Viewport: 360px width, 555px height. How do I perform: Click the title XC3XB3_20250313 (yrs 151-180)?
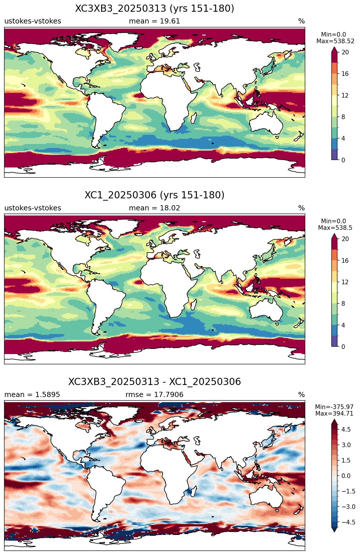tap(155, 9)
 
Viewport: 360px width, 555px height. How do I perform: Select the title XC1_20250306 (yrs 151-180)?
tap(155, 195)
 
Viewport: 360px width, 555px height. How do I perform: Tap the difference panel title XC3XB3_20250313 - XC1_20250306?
tap(155, 382)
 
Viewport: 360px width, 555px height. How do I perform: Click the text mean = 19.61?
tap(154, 21)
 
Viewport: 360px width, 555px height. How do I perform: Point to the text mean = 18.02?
tap(154, 208)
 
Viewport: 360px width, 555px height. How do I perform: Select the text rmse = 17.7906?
tap(154, 395)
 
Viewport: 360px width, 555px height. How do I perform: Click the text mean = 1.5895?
tap(32, 395)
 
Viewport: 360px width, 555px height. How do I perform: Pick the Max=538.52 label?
tap(335, 41)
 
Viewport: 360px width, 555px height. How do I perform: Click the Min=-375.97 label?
tap(334, 407)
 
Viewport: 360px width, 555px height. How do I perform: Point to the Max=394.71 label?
tap(334, 414)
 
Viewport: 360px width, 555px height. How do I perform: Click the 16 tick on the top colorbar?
tap(345, 74)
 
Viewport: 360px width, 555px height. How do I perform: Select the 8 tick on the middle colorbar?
tap(343, 304)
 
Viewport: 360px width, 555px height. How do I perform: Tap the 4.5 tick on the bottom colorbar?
tap(346, 430)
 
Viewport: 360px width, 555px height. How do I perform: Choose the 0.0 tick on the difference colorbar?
tap(346, 476)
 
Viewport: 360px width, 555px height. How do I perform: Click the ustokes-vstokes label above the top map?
tap(33, 21)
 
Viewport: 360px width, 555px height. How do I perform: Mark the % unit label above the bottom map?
tap(302, 395)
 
